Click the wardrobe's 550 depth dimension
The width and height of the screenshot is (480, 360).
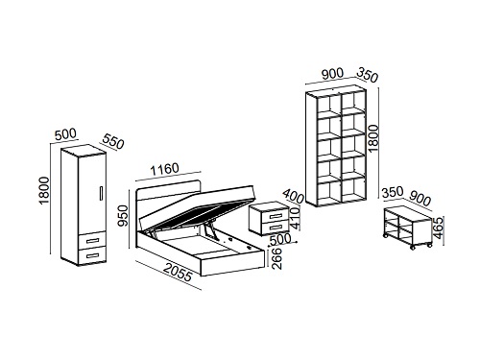[x=113, y=141]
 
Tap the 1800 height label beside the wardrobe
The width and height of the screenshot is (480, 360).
[x=44, y=190]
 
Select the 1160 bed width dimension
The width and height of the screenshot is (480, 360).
[x=165, y=169]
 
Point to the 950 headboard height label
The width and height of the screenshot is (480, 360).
[x=123, y=215]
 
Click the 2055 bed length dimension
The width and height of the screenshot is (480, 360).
[x=179, y=273]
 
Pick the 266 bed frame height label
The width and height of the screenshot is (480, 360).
[x=276, y=258]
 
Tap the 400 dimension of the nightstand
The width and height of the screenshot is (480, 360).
[x=293, y=196]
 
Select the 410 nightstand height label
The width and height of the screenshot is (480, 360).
[x=295, y=219]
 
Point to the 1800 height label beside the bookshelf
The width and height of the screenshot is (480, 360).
[x=373, y=138]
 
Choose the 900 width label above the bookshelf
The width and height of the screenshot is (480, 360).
[x=332, y=74]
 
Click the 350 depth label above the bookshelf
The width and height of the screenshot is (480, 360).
[x=368, y=75]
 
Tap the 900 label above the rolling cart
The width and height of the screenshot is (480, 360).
[x=420, y=199]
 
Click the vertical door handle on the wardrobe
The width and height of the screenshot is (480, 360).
[x=101, y=193]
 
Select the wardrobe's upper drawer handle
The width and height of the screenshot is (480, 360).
[x=93, y=240]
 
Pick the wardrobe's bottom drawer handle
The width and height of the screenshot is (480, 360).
[x=93, y=255]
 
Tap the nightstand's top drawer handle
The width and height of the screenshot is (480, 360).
[x=276, y=217]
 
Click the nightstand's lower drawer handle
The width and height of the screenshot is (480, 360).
[x=276, y=228]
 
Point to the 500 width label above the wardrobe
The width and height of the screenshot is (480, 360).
[x=65, y=134]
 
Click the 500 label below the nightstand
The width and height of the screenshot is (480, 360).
[x=280, y=238]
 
